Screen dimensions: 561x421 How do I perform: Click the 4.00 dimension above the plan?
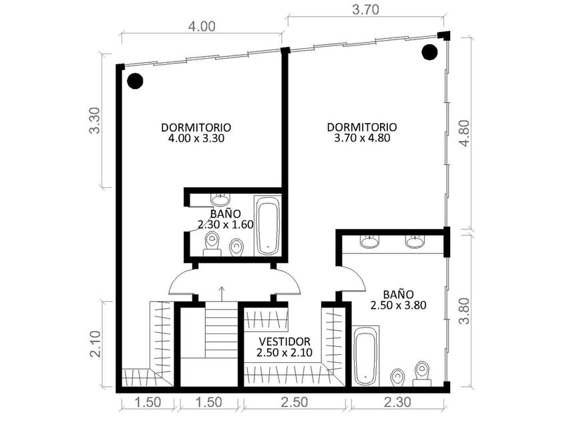pyautogui.click(x=202, y=27)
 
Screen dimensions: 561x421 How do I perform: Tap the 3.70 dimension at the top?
pyautogui.click(x=365, y=9)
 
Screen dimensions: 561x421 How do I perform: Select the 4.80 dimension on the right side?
pyautogui.click(x=464, y=133)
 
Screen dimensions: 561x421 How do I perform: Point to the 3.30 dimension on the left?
pyautogui.click(x=95, y=120)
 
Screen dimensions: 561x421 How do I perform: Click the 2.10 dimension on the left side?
pyautogui.click(x=95, y=344)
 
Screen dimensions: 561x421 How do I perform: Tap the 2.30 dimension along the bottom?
pyautogui.click(x=397, y=402)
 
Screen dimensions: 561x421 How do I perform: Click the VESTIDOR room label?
pyautogui.click(x=285, y=341)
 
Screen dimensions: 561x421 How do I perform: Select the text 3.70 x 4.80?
pyautogui.click(x=362, y=138)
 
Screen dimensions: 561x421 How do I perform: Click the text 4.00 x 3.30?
pyautogui.click(x=196, y=138)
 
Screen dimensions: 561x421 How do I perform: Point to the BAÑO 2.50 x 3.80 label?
pyautogui.click(x=398, y=300)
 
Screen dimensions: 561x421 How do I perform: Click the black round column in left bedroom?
pyautogui.click(x=135, y=81)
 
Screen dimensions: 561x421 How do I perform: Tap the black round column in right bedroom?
pyautogui.click(x=429, y=52)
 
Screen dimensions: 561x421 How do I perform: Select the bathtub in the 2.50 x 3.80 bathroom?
pyautogui.click(x=365, y=356)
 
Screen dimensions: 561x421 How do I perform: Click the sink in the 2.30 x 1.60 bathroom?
pyautogui.click(x=220, y=200)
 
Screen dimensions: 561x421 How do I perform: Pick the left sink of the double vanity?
pyautogui.click(x=369, y=241)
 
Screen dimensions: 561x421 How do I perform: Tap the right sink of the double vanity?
pyautogui.click(x=414, y=241)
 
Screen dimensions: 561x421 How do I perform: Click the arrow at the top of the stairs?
pyautogui.click(x=222, y=293)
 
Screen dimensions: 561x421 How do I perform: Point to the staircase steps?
pyautogui.click(x=222, y=329)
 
